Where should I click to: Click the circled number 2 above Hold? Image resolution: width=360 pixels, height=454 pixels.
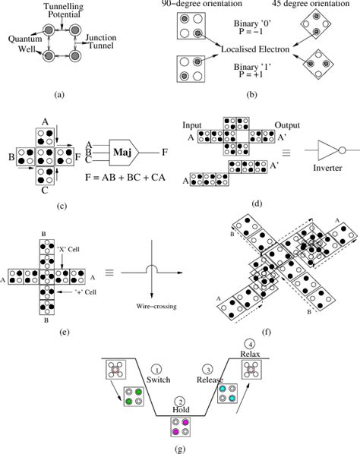coord(179,401)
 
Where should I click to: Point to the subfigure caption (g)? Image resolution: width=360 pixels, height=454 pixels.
coord(179,448)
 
